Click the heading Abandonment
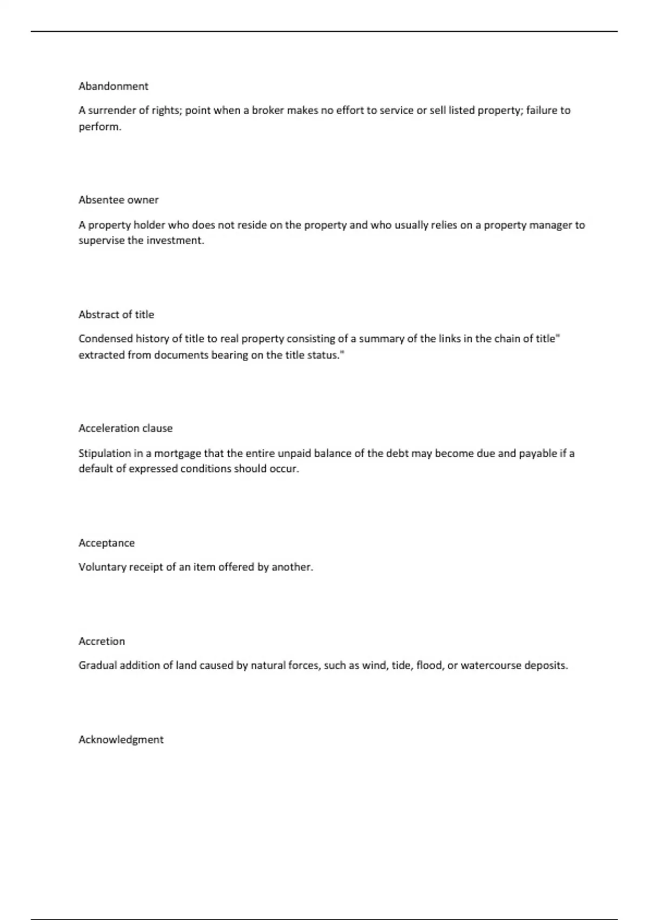(x=113, y=86)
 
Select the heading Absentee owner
(x=118, y=200)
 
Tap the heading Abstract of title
(x=116, y=314)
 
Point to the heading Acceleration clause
(x=125, y=428)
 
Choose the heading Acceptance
(x=107, y=543)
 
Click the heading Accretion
(x=102, y=641)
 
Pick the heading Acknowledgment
(x=121, y=740)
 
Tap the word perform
(x=100, y=127)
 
